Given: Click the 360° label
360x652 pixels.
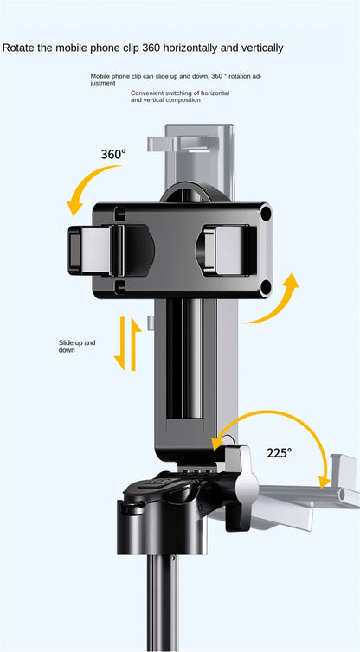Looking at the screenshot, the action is tap(113, 154).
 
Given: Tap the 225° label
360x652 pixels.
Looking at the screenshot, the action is tap(280, 452).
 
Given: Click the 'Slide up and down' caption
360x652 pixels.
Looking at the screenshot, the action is tap(77, 347).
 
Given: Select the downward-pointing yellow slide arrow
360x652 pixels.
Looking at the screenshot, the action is tap(120, 343).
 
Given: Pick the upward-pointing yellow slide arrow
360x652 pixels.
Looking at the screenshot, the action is tap(135, 344).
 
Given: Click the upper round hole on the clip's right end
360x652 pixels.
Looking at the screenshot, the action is tap(266, 214).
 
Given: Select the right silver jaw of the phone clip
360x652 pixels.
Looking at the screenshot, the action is tap(229, 250).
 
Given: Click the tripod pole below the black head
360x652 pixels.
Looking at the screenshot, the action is tap(162, 603).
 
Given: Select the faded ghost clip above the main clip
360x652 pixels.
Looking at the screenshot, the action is tap(191, 163).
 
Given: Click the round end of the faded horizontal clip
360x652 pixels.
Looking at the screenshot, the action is tap(344, 495).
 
